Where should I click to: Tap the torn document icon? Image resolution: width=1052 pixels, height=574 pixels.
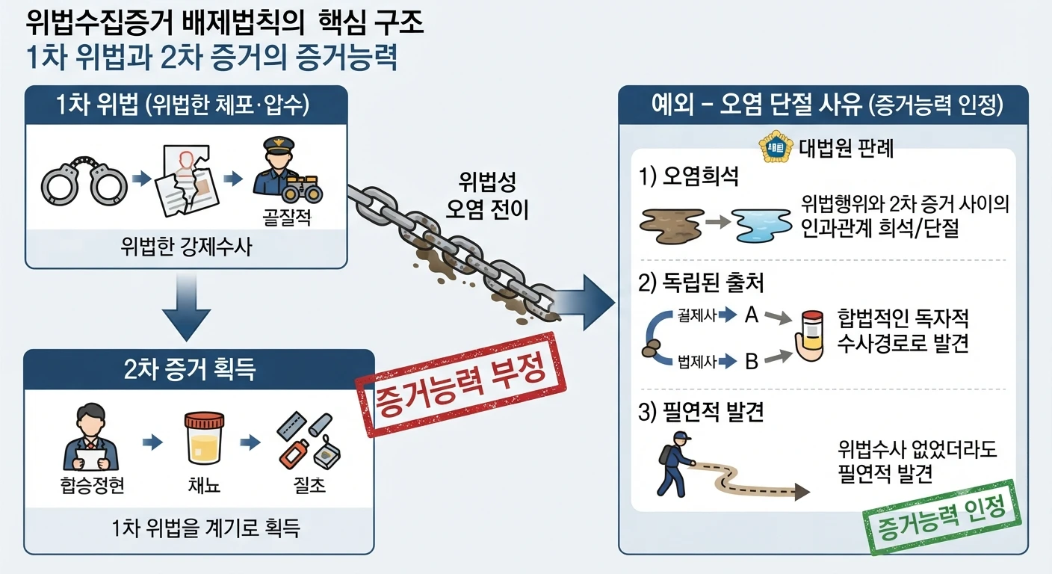187,181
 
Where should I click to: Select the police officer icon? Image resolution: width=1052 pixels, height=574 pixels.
285,171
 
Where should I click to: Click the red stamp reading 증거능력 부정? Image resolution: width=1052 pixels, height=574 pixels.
460,384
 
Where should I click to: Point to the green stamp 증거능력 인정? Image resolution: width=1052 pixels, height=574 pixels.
942,517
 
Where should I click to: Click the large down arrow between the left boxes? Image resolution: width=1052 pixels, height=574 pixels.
187,307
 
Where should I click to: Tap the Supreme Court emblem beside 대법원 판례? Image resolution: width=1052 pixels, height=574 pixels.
776,147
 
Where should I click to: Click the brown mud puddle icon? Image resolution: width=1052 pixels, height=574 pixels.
672,226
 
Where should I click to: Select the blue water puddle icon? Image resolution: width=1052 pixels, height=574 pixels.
761,226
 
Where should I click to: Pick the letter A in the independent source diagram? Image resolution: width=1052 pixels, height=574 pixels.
752,315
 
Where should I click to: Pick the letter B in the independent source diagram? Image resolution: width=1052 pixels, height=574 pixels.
752,361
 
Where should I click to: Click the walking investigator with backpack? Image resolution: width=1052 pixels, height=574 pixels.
674,463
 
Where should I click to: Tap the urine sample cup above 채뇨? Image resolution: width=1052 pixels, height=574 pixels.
204,438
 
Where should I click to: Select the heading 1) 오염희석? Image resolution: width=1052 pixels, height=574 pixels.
688,176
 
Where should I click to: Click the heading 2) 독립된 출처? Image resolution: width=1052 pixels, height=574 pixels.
701,283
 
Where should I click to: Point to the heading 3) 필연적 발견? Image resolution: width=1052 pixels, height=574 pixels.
701,412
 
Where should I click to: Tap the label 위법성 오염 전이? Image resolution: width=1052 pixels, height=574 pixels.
487,196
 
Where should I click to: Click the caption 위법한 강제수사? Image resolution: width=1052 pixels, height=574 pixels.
187,247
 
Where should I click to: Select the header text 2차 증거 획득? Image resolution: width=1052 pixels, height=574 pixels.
190,369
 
